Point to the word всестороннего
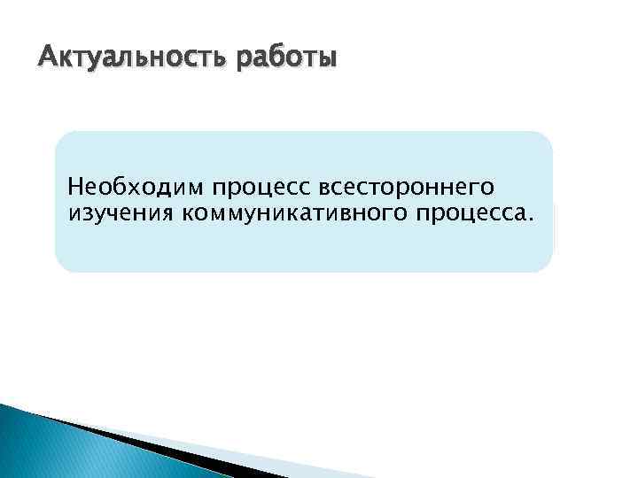(406, 188)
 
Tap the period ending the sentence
(531, 218)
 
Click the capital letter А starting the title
(47, 59)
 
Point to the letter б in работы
(271, 58)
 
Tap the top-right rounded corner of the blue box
(543, 141)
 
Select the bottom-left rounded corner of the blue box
(65, 263)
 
